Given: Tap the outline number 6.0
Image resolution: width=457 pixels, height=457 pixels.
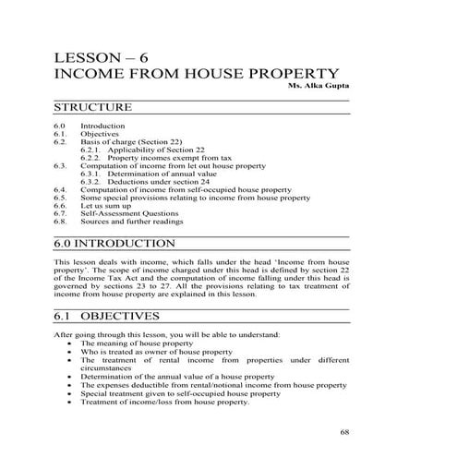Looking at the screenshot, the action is click(60, 126).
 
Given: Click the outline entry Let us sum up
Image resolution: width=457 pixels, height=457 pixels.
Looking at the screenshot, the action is click(104, 206).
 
